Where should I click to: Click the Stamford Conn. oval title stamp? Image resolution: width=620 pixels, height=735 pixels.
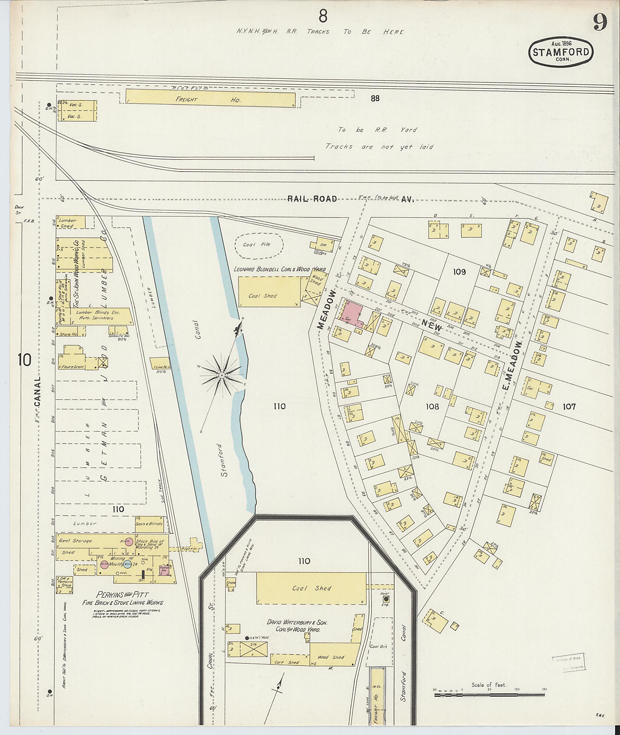(561, 52)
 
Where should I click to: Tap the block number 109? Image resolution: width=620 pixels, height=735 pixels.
(459, 272)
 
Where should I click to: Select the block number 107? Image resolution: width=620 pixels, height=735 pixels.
(569, 406)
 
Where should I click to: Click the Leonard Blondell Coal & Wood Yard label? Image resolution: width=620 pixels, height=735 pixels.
(280, 270)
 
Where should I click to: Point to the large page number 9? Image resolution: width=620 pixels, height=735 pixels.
(600, 24)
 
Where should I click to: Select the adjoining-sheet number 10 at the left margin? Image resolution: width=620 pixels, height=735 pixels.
(25, 360)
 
